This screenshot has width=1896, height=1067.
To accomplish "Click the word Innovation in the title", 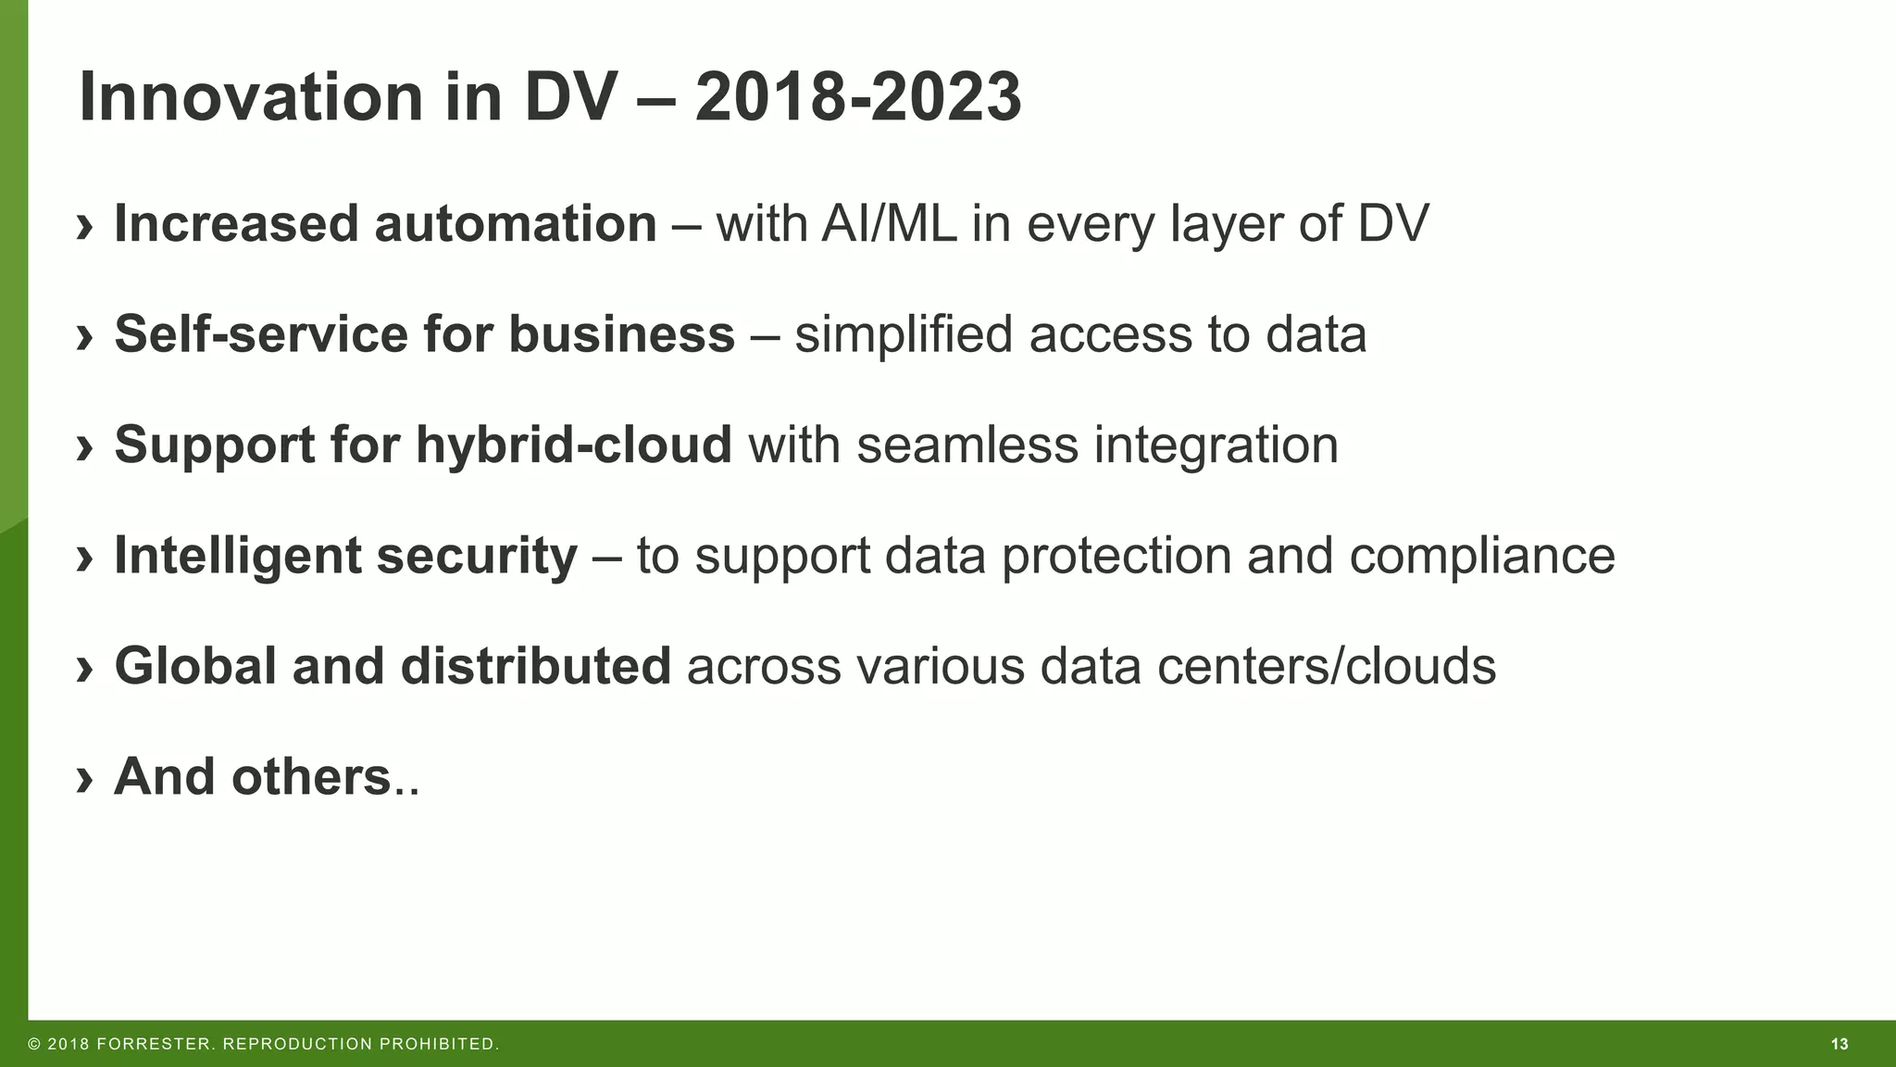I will tap(251, 97).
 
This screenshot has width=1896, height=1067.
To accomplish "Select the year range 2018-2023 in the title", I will tap(858, 97).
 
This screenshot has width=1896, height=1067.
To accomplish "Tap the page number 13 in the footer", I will tap(1840, 1045).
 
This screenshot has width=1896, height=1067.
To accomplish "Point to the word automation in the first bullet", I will tap(516, 224).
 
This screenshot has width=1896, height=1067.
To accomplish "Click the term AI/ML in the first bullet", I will tap(889, 224).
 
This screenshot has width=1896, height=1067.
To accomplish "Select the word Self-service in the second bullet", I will tap(261, 333).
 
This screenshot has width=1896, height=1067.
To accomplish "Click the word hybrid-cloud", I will tap(574, 445).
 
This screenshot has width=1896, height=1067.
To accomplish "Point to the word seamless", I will tap(967, 445).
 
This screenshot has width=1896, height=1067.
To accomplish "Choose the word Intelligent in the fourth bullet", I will tap(238, 556).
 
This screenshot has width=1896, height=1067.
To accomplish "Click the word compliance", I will tap(1481, 556).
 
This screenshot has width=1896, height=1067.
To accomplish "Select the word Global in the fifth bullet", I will tap(195, 666).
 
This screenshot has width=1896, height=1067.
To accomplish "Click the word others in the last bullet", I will tap(312, 776).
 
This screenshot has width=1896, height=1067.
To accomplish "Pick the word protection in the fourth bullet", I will tap(1116, 556).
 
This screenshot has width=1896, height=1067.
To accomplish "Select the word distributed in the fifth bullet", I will tap(535, 666).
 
